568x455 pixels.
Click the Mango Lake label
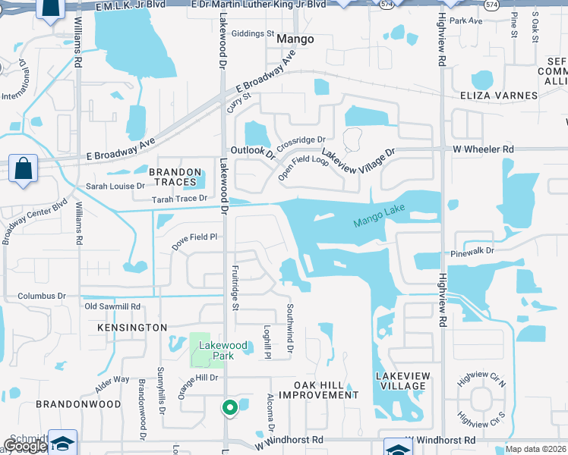click(x=380, y=216)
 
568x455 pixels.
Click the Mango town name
click(x=295, y=39)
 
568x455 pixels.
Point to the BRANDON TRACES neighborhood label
click(x=175, y=177)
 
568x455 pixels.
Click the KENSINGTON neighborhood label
click(x=132, y=327)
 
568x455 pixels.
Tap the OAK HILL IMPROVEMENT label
click(x=318, y=389)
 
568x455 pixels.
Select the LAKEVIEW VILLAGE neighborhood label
click(x=402, y=381)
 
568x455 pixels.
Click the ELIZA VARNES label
click(x=498, y=96)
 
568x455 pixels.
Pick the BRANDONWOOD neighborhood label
click(x=78, y=404)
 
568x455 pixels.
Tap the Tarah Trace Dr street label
click(x=179, y=199)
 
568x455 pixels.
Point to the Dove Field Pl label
click(x=194, y=237)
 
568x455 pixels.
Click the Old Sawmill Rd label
click(x=112, y=306)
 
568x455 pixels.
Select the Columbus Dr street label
click(x=42, y=296)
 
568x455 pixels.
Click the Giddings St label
click(x=252, y=34)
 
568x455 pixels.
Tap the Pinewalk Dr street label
click(x=472, y=250)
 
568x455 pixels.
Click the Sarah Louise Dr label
click(x=115, y=186)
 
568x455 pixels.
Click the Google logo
click(x=24, y=446)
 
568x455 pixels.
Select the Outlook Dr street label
click(x=253, y=151)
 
